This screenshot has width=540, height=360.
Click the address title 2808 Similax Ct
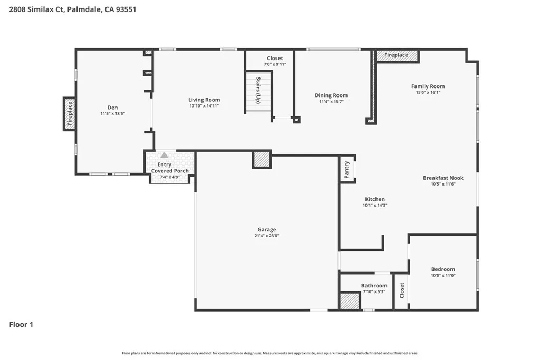[x=36, y=9]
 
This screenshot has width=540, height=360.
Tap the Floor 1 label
[x=21, y=324]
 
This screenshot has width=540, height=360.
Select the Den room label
[x=113, y=108]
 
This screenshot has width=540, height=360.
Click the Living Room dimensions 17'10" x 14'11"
[x=204, y=105]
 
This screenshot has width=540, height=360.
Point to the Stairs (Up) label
[x=258, y=90]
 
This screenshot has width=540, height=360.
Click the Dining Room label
[x=331, y=95]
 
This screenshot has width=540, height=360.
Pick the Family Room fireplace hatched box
[x=397, y=55]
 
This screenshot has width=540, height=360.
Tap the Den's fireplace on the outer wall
[x=69, y=114]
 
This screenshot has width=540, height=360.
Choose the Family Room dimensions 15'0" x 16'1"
[x=428, y=92]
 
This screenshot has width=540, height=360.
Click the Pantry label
[x=347, y=169]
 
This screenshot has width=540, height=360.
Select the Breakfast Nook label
[x=443, y=178]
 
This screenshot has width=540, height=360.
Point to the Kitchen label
[x=375, y=199]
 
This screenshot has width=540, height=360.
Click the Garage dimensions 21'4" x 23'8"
[x=266, y=236]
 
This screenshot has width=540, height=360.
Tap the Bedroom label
[x=443, y=269]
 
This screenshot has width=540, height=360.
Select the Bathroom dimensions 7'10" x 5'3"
[x=374, y=291]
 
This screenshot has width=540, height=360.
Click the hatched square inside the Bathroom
[x=350, y=301]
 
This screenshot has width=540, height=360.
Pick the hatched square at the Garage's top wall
[x=262, y=159]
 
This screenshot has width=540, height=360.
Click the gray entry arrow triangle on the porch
[x=165, y=155]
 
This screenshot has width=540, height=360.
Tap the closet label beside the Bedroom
[x=402, y=290]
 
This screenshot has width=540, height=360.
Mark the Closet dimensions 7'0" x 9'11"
[x=275, y=64]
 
